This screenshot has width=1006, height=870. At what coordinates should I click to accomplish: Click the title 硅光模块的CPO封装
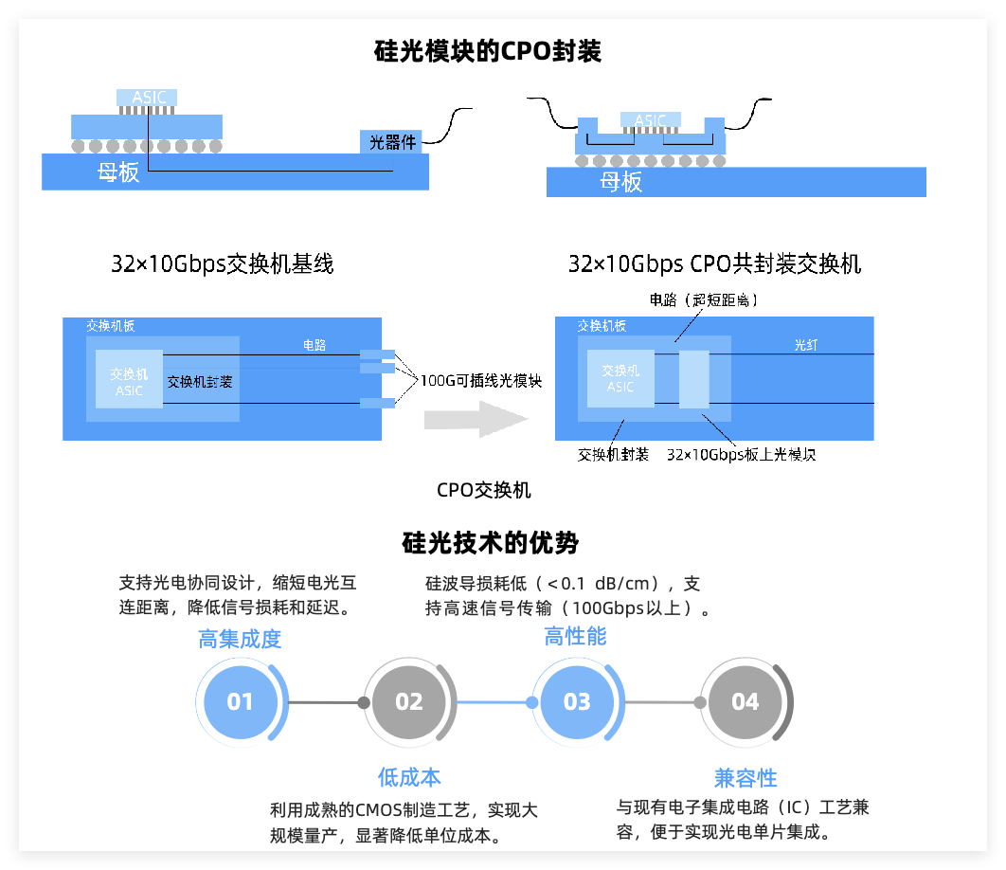click(x=488, y=51)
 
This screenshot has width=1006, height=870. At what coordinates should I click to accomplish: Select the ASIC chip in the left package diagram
click(x=147, y=97)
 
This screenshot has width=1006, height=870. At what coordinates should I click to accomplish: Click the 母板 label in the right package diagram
click(x=620, y=182)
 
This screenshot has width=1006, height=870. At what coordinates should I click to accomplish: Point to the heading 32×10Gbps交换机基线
click(x=223, y=264)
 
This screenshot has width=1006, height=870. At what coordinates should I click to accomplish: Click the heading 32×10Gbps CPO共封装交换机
click(x=714, y=264)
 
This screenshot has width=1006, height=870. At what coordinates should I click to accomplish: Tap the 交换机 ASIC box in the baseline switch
click(x=129, y=380)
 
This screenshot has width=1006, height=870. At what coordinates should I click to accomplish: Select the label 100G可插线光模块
click(x=481, y=381)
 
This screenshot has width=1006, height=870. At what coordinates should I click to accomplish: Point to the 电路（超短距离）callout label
click(x=704, y=299)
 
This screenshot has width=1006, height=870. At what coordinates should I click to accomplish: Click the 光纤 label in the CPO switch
click(x=806, y=346)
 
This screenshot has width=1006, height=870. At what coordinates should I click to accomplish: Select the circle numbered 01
click(x=240, y=702)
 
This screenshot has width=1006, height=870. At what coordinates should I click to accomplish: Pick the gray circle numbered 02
click(x=408, y=702)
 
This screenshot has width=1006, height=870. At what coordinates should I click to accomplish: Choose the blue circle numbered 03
click(x=577, y=702)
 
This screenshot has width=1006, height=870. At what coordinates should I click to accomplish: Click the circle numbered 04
click(x=746, y=702)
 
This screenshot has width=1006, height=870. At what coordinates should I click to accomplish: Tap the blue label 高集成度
click(x=240, y=639)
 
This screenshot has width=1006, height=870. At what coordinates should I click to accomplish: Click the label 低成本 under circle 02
click(x=409, y=777)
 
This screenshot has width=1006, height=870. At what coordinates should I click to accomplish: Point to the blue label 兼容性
click(x=746, y=778)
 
